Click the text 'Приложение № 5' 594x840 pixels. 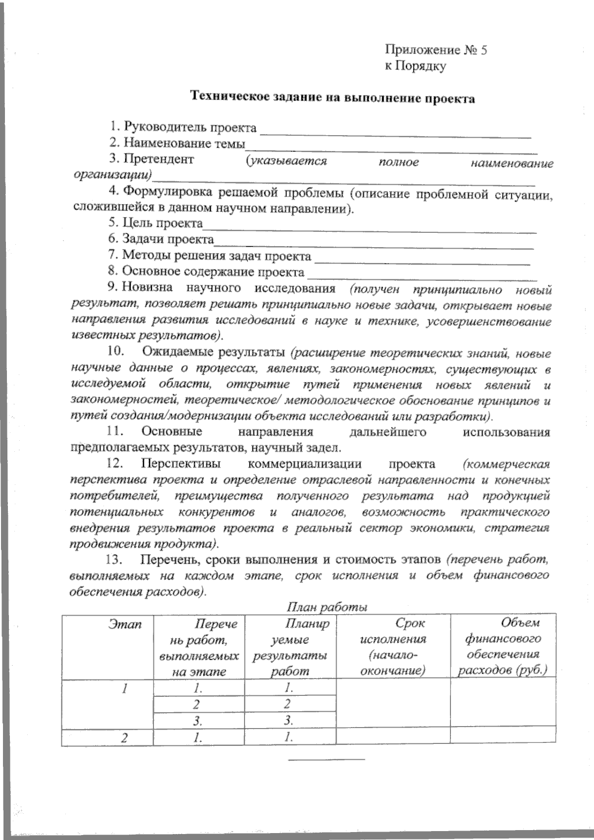436,50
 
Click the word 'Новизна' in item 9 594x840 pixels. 148,288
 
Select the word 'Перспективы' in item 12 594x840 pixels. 181,465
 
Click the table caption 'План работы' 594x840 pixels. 327,607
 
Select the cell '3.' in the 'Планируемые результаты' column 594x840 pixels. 290,720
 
